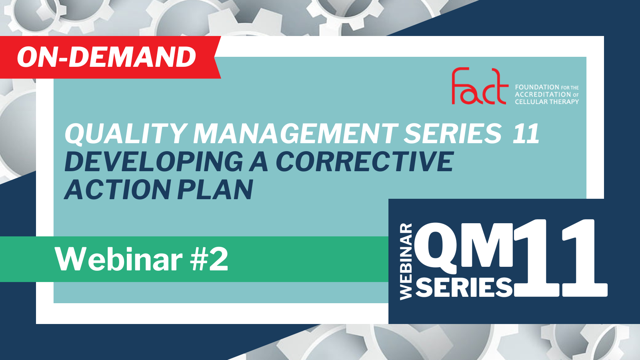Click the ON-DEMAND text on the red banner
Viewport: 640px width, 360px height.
tap(106, 57)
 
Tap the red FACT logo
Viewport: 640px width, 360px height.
tap(480, 86)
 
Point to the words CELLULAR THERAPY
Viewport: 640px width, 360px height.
tap(547, 102)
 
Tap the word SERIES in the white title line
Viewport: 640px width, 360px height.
tap(453, 134)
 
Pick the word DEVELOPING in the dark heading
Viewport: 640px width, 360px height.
tap(154, 162)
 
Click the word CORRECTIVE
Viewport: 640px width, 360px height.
tap(365, 162)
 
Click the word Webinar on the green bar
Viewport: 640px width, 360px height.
tap(118, 260)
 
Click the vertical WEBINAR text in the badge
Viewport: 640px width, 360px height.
tap(406, 262)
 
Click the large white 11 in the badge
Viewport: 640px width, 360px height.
tap(560, 258)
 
